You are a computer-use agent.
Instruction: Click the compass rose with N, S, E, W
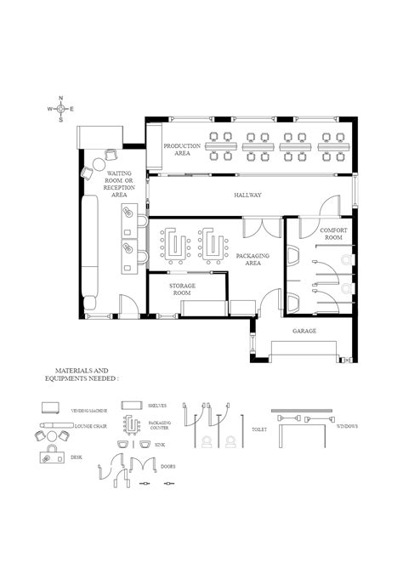(x=60, y=109)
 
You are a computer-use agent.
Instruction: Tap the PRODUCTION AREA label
(x=182, y=150)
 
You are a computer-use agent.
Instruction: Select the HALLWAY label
(x=247, y=195)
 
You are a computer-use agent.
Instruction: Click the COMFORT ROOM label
(x=331, y=234)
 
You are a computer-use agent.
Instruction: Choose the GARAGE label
(x=304, y=330)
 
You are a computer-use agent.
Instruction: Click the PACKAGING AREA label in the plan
(x=253, y=259)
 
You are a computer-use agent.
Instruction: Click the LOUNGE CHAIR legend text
(x=89, y=424)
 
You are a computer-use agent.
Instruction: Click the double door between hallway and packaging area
(x=261, y=226)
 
